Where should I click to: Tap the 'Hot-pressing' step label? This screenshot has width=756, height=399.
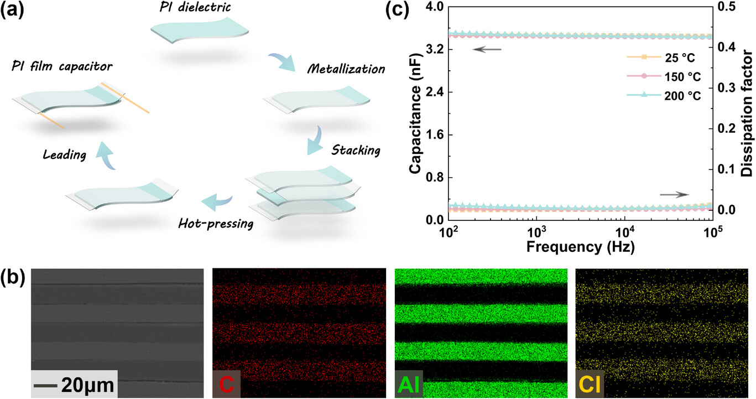[x=216, y=224]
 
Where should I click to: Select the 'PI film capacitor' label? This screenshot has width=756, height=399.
[x=61, y=66]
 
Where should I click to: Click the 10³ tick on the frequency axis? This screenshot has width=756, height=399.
[x=536, y=230]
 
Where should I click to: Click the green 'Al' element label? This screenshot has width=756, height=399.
[x=409, y=384]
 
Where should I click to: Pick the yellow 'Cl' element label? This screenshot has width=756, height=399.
[x=590, y=384]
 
